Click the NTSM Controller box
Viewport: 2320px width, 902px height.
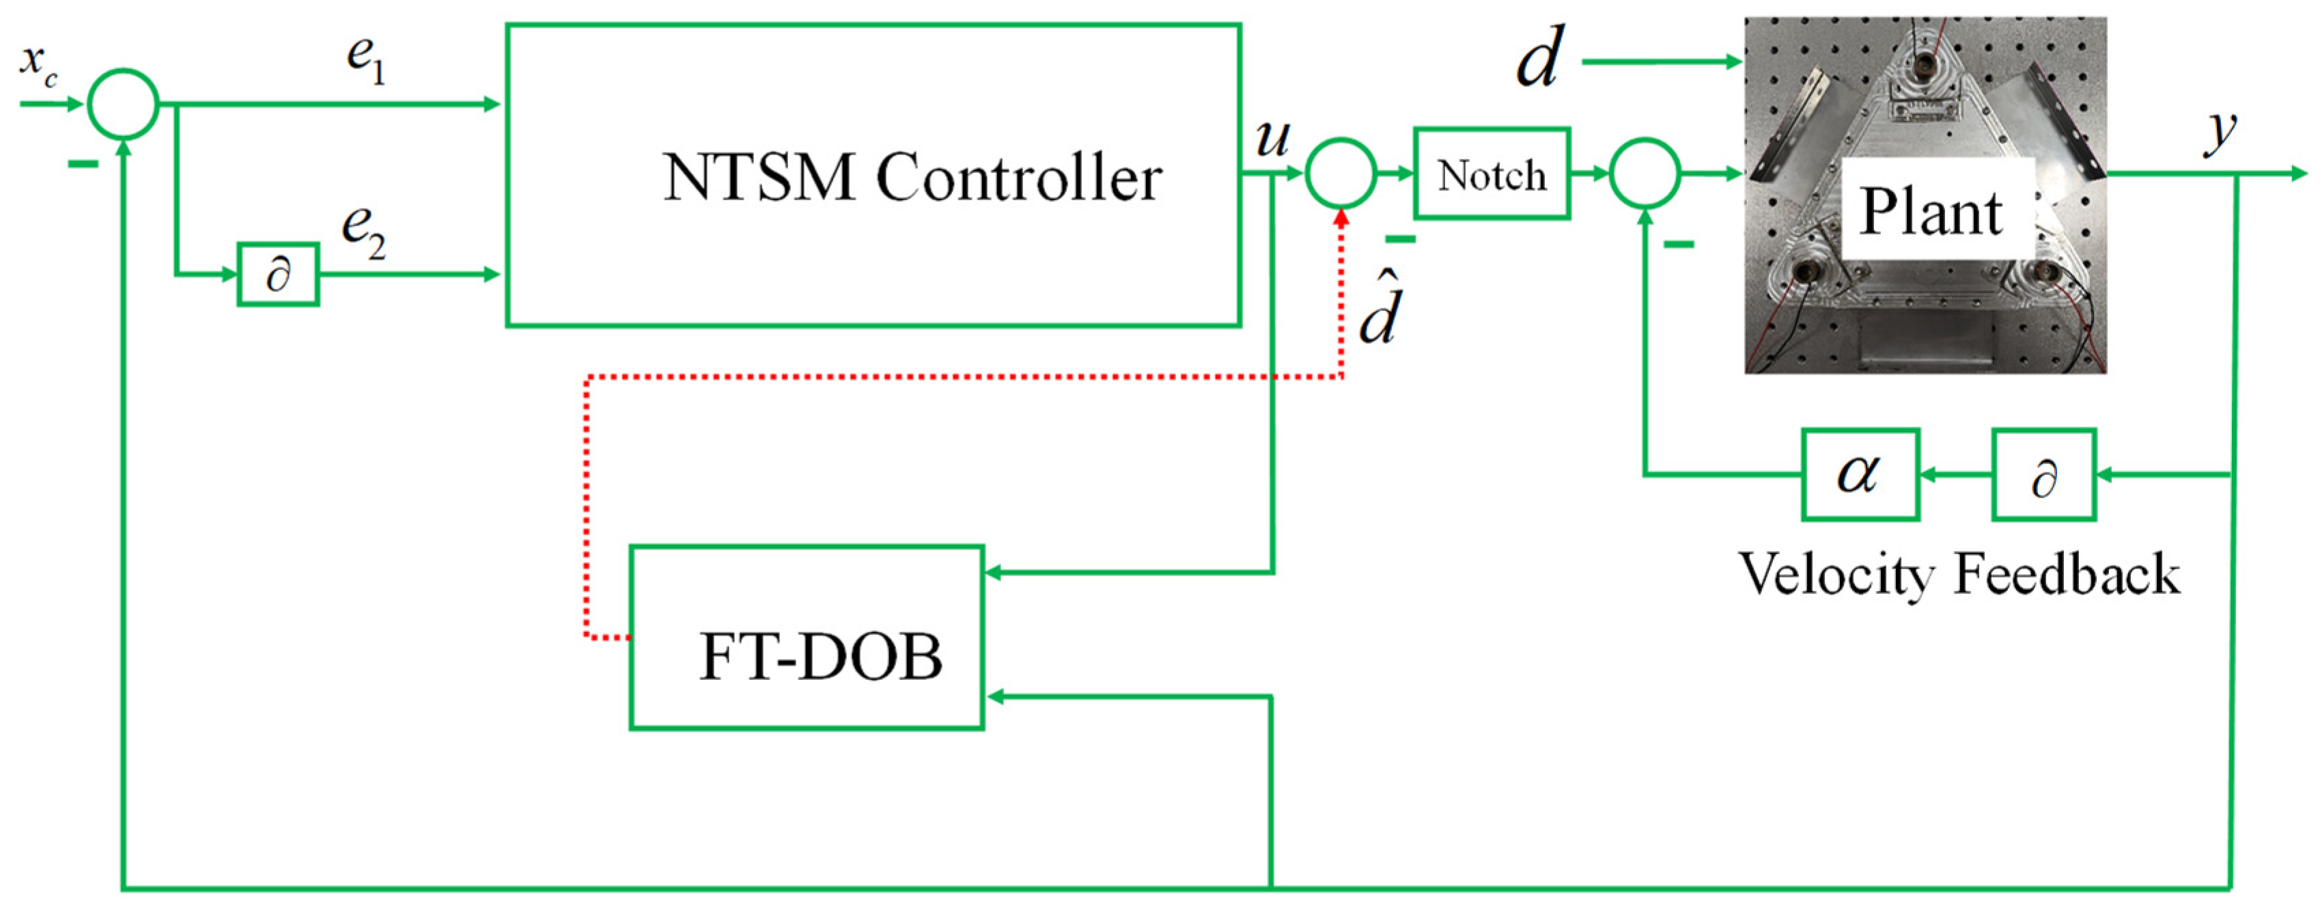point(873,175)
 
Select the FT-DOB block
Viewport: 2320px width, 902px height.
point(806,636)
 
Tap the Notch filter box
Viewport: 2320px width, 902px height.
point(1492,174)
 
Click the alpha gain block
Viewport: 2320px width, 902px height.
point(1860,474)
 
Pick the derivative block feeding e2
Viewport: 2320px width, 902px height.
point(278,274)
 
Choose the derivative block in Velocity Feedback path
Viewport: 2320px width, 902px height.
point(2043,475)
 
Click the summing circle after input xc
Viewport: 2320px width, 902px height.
point(124,105)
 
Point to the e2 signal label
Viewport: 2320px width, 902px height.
point(363,232)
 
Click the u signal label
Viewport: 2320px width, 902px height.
point(1272,139)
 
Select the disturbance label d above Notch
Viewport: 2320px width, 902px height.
point(1538,59)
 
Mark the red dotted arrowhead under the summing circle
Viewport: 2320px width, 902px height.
point(1341,219)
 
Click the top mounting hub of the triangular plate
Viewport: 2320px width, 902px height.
point(1925,62)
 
